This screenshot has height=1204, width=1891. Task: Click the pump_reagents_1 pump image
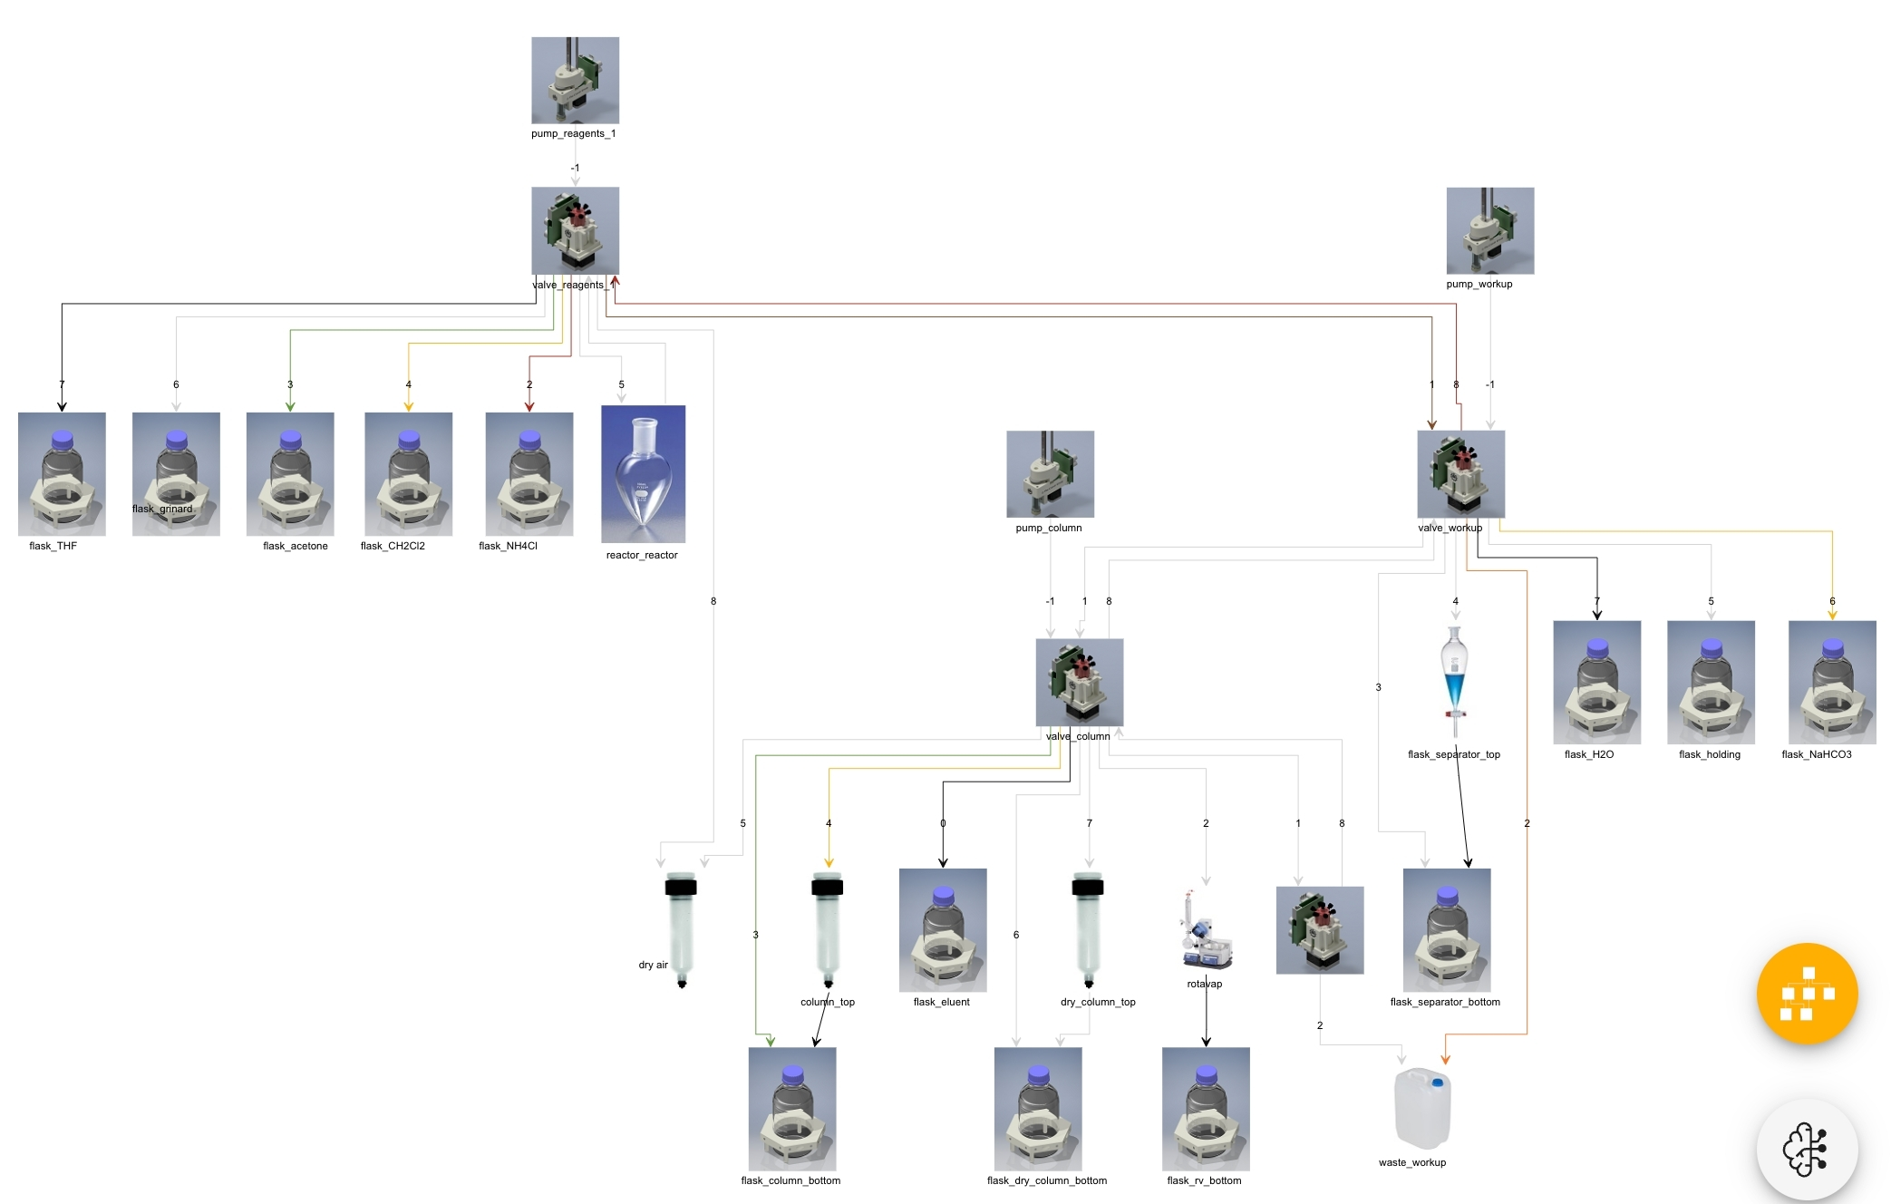click(575, 80)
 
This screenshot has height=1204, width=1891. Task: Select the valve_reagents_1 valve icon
click(575, 230)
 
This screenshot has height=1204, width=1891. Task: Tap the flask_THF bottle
click(62, 473)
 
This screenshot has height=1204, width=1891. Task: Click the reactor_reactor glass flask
click(643, 473)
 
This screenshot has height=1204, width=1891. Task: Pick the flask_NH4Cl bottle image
click(529, 473)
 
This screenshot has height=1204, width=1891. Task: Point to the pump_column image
click(1050, 473)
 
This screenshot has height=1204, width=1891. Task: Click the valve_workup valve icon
click(1460, 473)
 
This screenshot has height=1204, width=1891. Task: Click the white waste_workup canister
click(1421, 1108)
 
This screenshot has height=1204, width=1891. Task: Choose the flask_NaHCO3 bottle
click(1831, 682)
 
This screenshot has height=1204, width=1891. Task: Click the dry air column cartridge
click(681, 929)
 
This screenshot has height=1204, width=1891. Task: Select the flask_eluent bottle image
click(943, 929)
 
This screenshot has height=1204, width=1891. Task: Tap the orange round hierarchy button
click(1807, 994)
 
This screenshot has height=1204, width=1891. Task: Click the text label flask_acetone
click(296, 546)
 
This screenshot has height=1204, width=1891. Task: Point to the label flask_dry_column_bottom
click(1046, 1180)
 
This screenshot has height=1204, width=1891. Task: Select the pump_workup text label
click(1479, 284)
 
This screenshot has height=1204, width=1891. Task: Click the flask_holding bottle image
click(1711, 682)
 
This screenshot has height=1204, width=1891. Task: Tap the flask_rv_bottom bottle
click(1206, 1109)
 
